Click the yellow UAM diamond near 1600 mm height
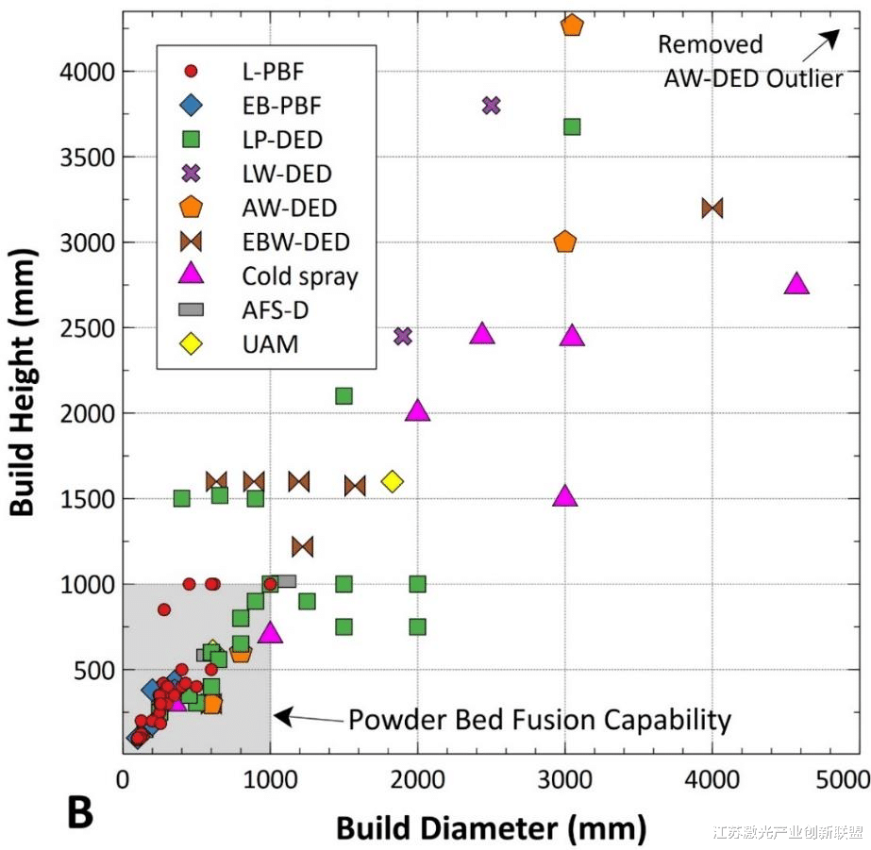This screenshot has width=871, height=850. (392, 481)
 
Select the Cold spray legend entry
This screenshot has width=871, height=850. (299, 275)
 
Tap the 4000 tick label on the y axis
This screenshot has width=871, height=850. (90, 72)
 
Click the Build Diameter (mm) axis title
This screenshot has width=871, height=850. (491, 827)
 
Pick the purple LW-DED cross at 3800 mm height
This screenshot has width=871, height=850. (491, 105)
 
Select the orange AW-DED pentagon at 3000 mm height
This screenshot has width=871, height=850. (565, 242)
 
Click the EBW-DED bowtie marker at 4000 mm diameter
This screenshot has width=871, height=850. (712, 208)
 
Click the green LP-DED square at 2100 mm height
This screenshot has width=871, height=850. (344, 396)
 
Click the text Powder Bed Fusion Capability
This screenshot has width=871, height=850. (540, 721)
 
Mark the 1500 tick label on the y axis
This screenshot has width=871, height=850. (90, 499)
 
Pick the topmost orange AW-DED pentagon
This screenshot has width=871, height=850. (572, 25)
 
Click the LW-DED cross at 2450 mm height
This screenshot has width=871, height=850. (403, 336)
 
